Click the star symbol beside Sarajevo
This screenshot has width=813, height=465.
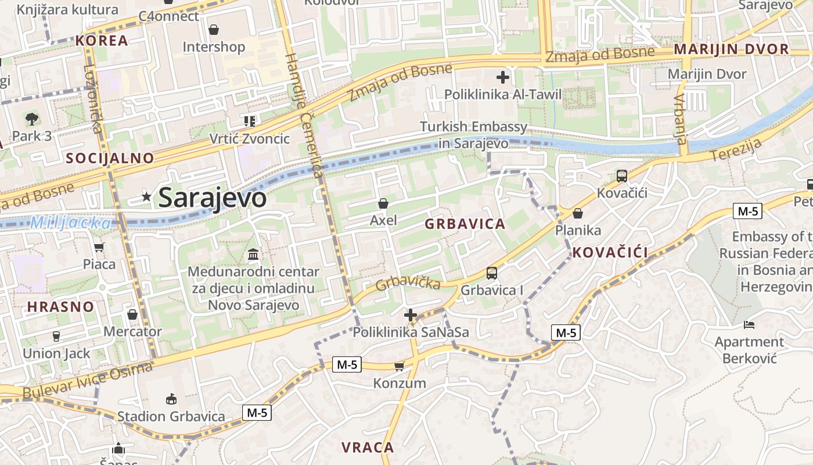tap(146, 198)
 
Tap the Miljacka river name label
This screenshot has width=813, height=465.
tap(70, 223)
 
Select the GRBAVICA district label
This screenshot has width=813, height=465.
tap(465, 224)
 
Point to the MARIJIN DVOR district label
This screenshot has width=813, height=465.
tap(731, 49)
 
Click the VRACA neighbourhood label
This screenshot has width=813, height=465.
tap(368, 448)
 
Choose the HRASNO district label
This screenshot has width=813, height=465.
tap(60, 307)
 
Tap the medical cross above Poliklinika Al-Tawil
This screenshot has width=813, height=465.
tap(503, 77)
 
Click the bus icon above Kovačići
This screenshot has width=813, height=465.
tap(621, 176)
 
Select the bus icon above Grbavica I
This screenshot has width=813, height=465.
tap(491, 273)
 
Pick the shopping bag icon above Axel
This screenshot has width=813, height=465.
tap(383, 203)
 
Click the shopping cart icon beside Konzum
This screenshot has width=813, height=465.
tap(399, 366)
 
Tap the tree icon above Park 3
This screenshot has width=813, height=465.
tap(32, 119)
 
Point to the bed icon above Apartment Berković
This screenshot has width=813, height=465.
tap(749, 324)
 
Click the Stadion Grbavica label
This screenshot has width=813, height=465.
tap(171, 416)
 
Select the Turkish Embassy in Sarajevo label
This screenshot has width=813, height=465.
tap(473, 135)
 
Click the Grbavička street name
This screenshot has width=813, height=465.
tap(408, 284)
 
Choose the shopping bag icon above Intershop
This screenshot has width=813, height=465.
tap(214, 30)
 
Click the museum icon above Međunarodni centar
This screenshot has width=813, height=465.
tap(253, 255)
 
